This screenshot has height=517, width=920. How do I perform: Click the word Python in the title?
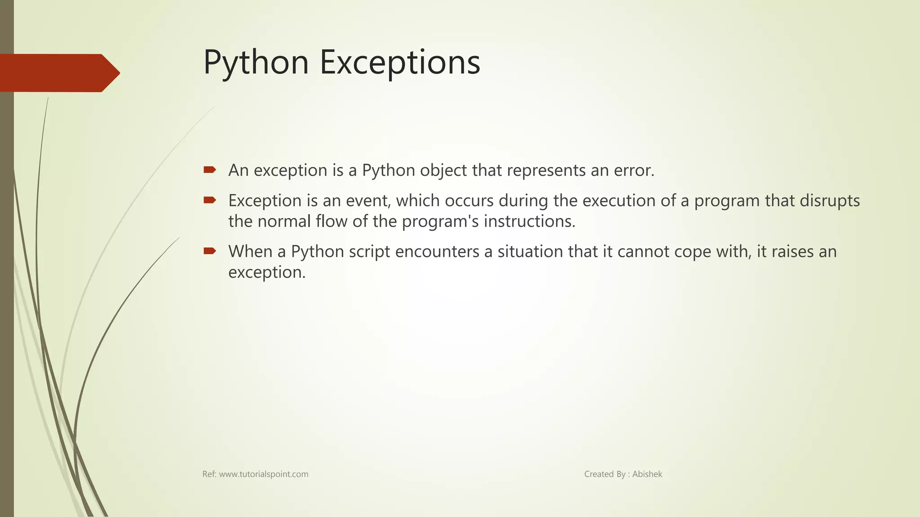coord(256,63)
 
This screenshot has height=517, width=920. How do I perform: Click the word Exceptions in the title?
coord(400,63)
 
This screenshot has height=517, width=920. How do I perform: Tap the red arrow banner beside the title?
coord(58,73)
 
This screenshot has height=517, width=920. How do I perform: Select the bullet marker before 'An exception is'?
coord(210,170)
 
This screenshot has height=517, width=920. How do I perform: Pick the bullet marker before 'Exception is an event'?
coord(210,200)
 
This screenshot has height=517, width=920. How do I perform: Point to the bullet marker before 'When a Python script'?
coord(210,251)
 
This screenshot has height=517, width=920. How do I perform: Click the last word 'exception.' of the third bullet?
coord(267,272)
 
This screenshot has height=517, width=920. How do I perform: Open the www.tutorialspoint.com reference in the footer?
coord(263,474)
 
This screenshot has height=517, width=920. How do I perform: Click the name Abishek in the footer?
coord(647,474)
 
